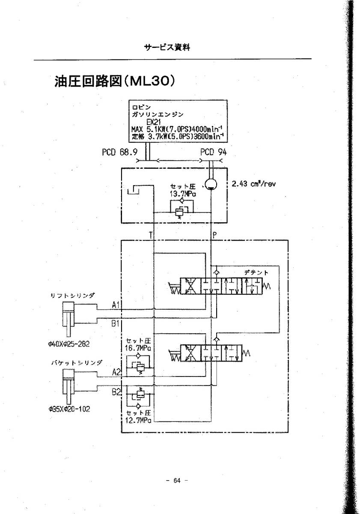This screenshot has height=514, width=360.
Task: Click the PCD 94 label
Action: click(x=212, y=152)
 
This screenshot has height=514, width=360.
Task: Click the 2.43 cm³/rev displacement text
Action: click(x=253, y=184)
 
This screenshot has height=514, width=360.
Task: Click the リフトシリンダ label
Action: click(x=71, y=295)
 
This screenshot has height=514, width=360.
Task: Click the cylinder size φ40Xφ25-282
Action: click(x=69, y=343)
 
